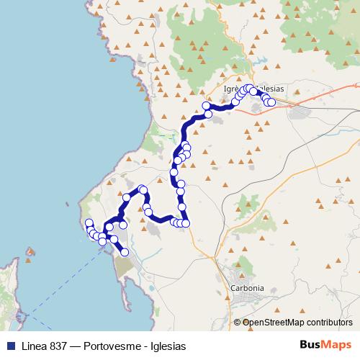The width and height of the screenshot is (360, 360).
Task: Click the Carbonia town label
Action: (x=246, y=287)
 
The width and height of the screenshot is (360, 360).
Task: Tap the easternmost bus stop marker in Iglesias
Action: (x=271, y=102)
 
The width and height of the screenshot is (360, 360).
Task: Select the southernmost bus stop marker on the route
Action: (x=125, y=252)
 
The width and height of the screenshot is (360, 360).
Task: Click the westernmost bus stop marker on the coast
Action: (x=89, y=223)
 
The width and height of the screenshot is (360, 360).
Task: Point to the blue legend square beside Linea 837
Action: (x=6, y=346)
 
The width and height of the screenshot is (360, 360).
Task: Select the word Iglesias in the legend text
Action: (x=167, y=346)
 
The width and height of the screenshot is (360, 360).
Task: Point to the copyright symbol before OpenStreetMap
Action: (x=238, y=323)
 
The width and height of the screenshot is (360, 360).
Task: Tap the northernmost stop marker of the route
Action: (x=249, y=88)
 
